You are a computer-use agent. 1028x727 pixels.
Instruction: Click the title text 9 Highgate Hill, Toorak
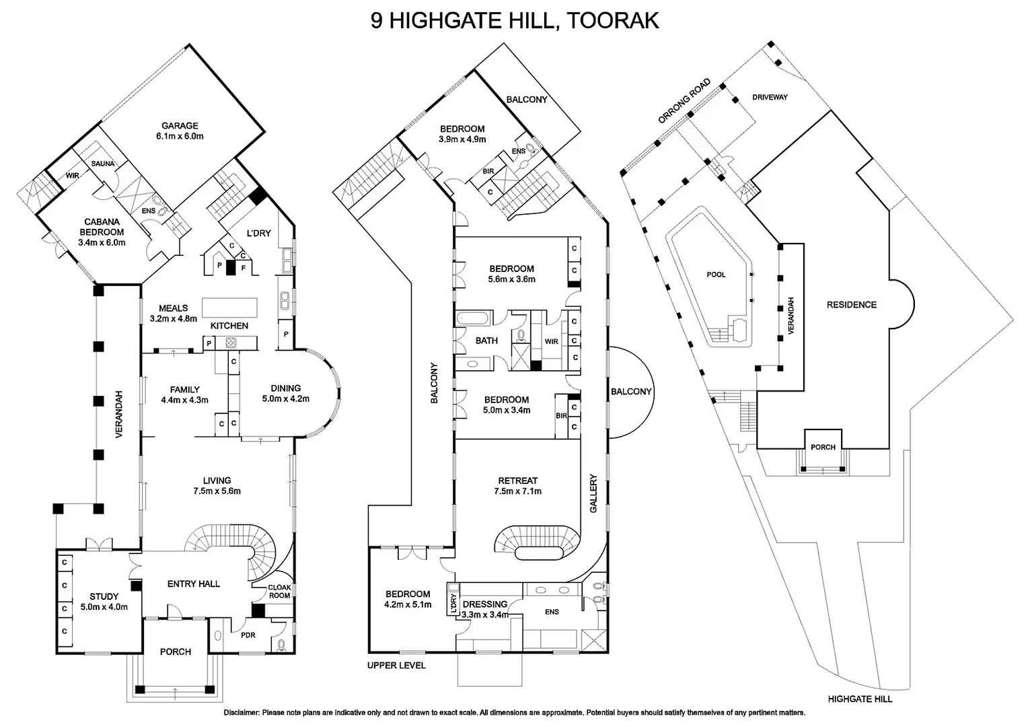(514, 20)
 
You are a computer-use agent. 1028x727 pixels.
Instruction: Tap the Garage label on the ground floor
(180, 126)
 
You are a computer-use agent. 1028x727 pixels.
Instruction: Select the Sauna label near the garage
(103, 164)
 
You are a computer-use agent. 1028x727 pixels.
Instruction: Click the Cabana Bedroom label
(102, 227)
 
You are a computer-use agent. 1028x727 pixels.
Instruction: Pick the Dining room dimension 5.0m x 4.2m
(286, 399)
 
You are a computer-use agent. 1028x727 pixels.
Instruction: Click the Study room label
(104, 596)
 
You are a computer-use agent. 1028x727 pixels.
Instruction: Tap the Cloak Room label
(279, 591)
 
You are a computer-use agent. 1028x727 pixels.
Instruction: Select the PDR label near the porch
(248, 635)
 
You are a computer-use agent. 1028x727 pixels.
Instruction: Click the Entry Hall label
(194, 584)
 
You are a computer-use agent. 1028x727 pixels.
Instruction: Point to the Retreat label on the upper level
(518, 481)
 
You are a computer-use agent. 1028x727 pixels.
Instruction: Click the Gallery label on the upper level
(593, 493)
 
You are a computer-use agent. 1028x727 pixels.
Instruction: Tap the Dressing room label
(484, 604)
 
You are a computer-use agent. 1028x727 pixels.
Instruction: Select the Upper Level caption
(396, 666)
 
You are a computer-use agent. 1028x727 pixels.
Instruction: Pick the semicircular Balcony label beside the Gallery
(631, 392)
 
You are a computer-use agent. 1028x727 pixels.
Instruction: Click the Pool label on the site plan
(716, 275)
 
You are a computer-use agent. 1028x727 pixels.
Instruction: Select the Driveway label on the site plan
(770, 97)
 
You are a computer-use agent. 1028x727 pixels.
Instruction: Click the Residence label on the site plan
(851, 305)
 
